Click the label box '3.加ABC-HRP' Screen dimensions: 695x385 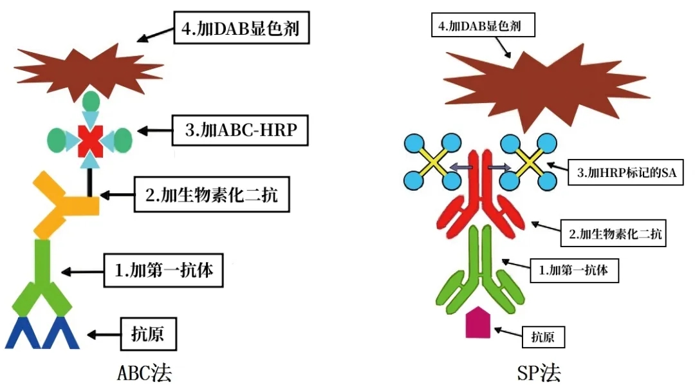pos(240,131)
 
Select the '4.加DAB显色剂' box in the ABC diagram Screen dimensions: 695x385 pos(241,28)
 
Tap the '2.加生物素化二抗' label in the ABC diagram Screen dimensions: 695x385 pos(212,194)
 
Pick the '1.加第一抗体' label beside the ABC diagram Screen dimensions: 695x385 pos(163,270)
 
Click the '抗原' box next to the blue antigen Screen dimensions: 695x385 pos(149,334)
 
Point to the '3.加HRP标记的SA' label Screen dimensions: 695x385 pos(626,172)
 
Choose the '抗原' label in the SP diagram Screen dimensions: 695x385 pos(543,337)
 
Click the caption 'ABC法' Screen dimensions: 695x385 pos(145,373)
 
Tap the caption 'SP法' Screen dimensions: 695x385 pos(539,373)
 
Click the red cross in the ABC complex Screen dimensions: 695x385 pos(91,141)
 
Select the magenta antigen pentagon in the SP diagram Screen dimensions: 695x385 pos(477,323)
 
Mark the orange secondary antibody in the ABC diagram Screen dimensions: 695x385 pos(65,205)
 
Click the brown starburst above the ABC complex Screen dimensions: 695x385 pos(89,71)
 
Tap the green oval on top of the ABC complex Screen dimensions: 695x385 pos(91,101)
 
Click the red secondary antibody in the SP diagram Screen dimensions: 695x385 pos(481,195)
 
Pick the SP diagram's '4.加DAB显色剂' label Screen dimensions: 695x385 pos(483,25)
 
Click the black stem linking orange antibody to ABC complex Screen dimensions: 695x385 pos(90,182)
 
